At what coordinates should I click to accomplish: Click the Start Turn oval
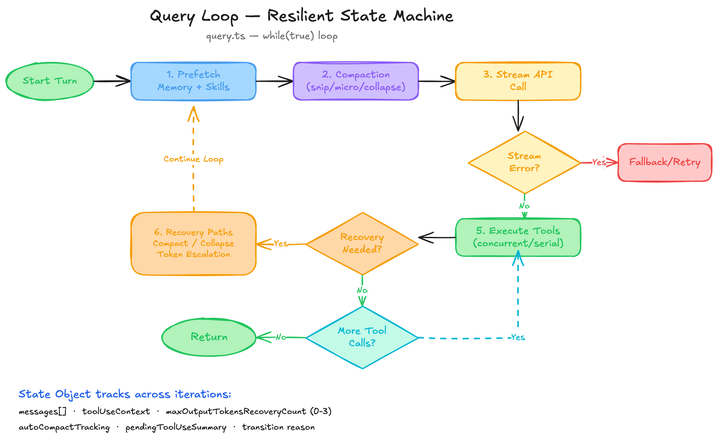(50, 81)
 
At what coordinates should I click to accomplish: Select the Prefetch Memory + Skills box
(194, 81)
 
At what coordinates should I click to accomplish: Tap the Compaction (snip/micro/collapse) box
(356, 81)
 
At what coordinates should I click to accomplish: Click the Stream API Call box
(518, 81)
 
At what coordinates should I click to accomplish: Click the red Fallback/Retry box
(665, 162)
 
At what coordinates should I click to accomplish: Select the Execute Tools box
(518, 237)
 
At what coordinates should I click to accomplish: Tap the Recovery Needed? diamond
(362, 244)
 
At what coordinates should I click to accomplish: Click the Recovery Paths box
(194, 244)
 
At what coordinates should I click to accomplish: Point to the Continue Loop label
(194, 159)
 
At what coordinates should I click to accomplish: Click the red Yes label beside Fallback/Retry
(599, 162)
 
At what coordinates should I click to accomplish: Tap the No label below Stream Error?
(524, 206)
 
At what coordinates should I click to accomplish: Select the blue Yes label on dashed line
(518, 337)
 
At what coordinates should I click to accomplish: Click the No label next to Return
(281, 337)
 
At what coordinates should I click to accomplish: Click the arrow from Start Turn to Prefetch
(112, 81)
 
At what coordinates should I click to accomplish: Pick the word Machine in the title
(423, 16)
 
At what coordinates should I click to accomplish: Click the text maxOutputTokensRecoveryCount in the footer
(236, 412)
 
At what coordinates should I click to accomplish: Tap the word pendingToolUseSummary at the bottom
(176, 427)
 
